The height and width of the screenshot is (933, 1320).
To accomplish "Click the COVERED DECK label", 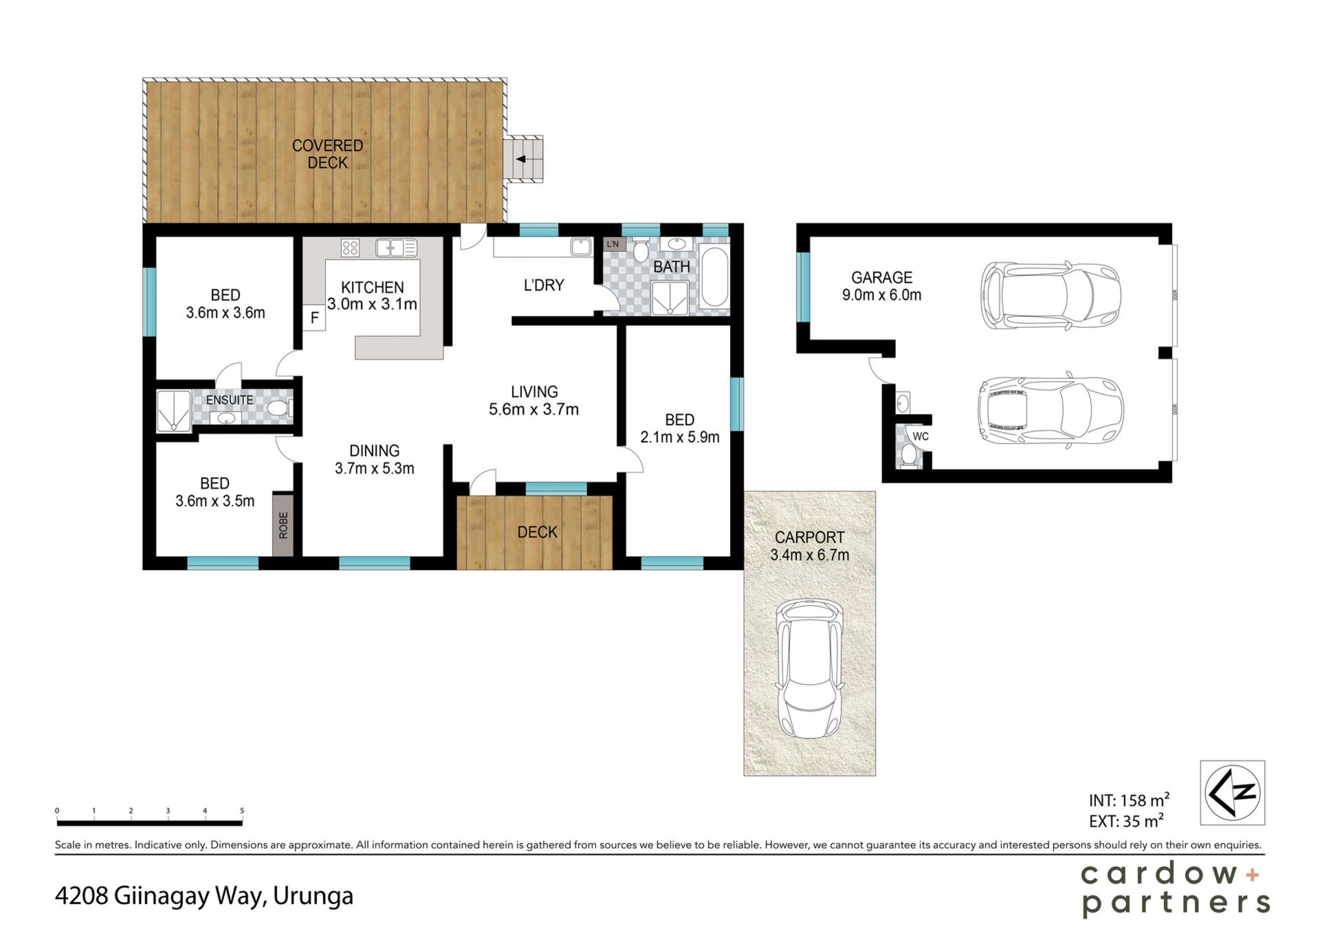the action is point(327,154).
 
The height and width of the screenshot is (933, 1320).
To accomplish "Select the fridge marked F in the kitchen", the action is point(314,318).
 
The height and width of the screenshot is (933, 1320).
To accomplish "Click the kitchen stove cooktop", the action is point(350,248).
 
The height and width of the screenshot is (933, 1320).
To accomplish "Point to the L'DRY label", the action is point(544,285).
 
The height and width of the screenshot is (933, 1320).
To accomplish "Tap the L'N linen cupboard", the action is point(613,244).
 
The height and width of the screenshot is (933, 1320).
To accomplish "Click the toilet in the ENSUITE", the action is point(278,409).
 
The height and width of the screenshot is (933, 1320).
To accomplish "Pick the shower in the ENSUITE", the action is point(174,411).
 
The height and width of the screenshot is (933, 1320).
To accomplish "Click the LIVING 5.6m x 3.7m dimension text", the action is point(533,409).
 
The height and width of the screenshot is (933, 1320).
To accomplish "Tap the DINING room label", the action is point(374,451).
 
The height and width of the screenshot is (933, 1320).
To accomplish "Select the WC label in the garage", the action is point(921,436).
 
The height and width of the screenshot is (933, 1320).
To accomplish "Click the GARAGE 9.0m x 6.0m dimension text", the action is point(881,295).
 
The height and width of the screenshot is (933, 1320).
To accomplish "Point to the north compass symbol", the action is point(1233,792).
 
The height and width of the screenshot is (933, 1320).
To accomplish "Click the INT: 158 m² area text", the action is point(1129,800).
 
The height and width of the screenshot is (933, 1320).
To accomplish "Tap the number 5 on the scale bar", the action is point(242,811).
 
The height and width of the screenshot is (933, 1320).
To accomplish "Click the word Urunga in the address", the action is point(313,896).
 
